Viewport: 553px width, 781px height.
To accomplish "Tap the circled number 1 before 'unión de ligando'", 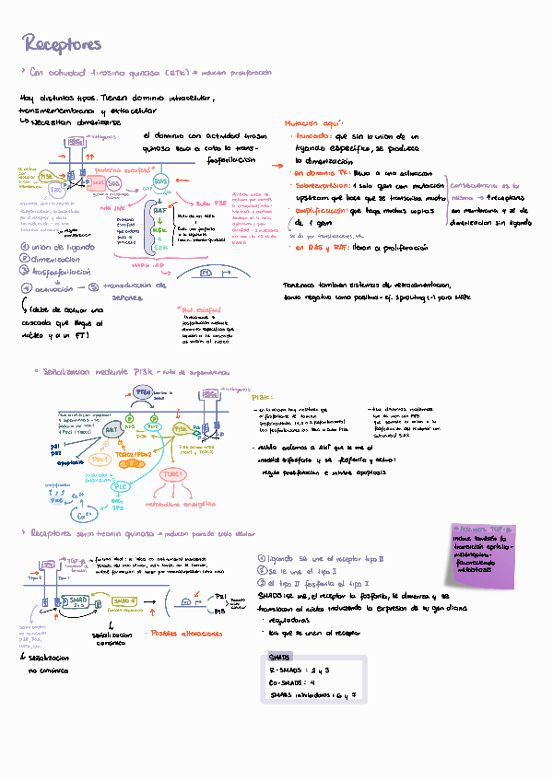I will point(23,247).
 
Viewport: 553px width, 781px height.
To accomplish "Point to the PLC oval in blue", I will point(121,486).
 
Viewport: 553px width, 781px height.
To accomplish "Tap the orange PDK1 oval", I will point(101,459).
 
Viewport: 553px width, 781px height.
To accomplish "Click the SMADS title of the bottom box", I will point(280,658).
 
